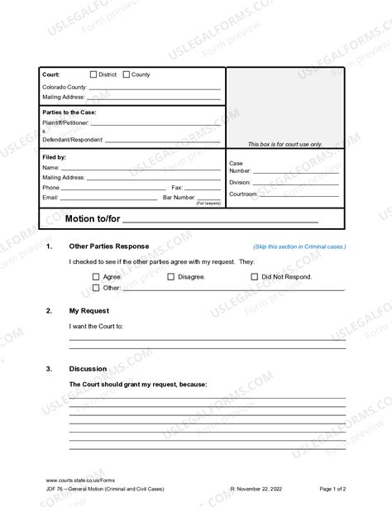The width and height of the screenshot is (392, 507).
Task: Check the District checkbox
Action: [x=93, y=74]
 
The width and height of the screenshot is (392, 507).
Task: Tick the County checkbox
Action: [x=127, y=74]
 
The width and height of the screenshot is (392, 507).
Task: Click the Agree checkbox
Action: [x=96, y=276]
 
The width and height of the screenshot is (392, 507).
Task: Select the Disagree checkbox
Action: [x=171, y=276]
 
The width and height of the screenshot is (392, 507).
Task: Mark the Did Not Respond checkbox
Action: [x=254, y=276]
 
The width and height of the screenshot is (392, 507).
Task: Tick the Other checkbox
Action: [x=96, y=288]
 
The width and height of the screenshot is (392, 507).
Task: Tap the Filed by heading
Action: [x=55, y=157]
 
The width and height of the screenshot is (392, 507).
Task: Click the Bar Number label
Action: [x=179, y=198]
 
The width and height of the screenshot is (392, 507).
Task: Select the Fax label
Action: [x=177, y=188]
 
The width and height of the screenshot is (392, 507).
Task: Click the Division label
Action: [x=240, y=182]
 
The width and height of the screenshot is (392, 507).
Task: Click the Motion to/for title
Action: [x=90, y=218]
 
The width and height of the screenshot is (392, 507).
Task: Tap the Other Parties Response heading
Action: [x=108, y=246]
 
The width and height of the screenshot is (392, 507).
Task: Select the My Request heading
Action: [x=88, y=310]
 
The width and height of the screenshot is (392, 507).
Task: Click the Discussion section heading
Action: [x=88, y=368]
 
